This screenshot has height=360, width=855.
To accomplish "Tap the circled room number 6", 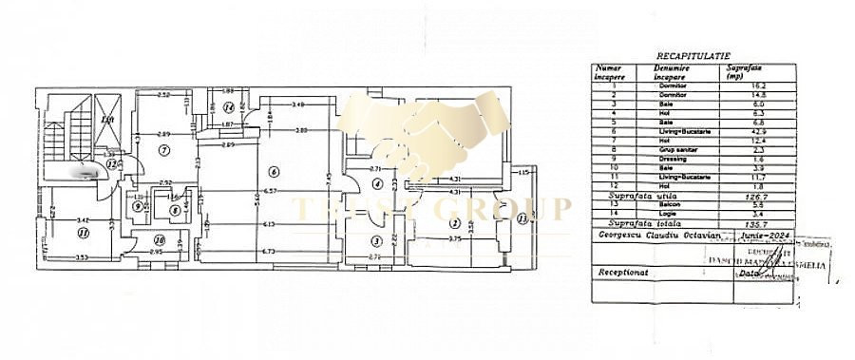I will pos(273,172).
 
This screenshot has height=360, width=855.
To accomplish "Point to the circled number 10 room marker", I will pos(160,241).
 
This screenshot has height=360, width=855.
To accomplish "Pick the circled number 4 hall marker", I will pos(377,183).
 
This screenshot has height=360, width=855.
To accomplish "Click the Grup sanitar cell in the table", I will pos(671,148).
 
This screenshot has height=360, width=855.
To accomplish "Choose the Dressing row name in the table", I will pos(671,157).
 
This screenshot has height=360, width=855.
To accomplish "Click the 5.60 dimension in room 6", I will pos(258,199).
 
